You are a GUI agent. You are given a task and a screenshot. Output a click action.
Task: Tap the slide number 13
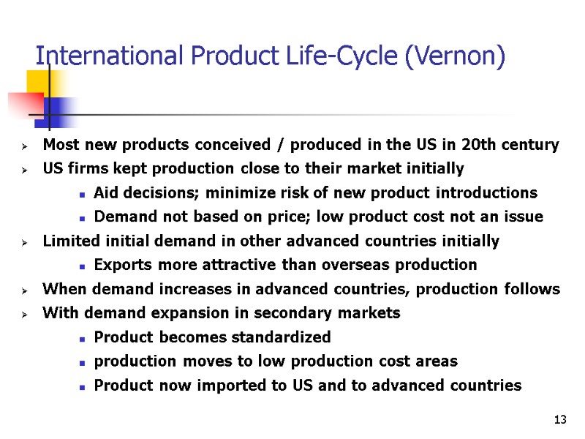click(561, 419)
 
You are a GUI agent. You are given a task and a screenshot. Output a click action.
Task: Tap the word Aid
click(107, 193)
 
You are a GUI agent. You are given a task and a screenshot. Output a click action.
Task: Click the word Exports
click(121, 265)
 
